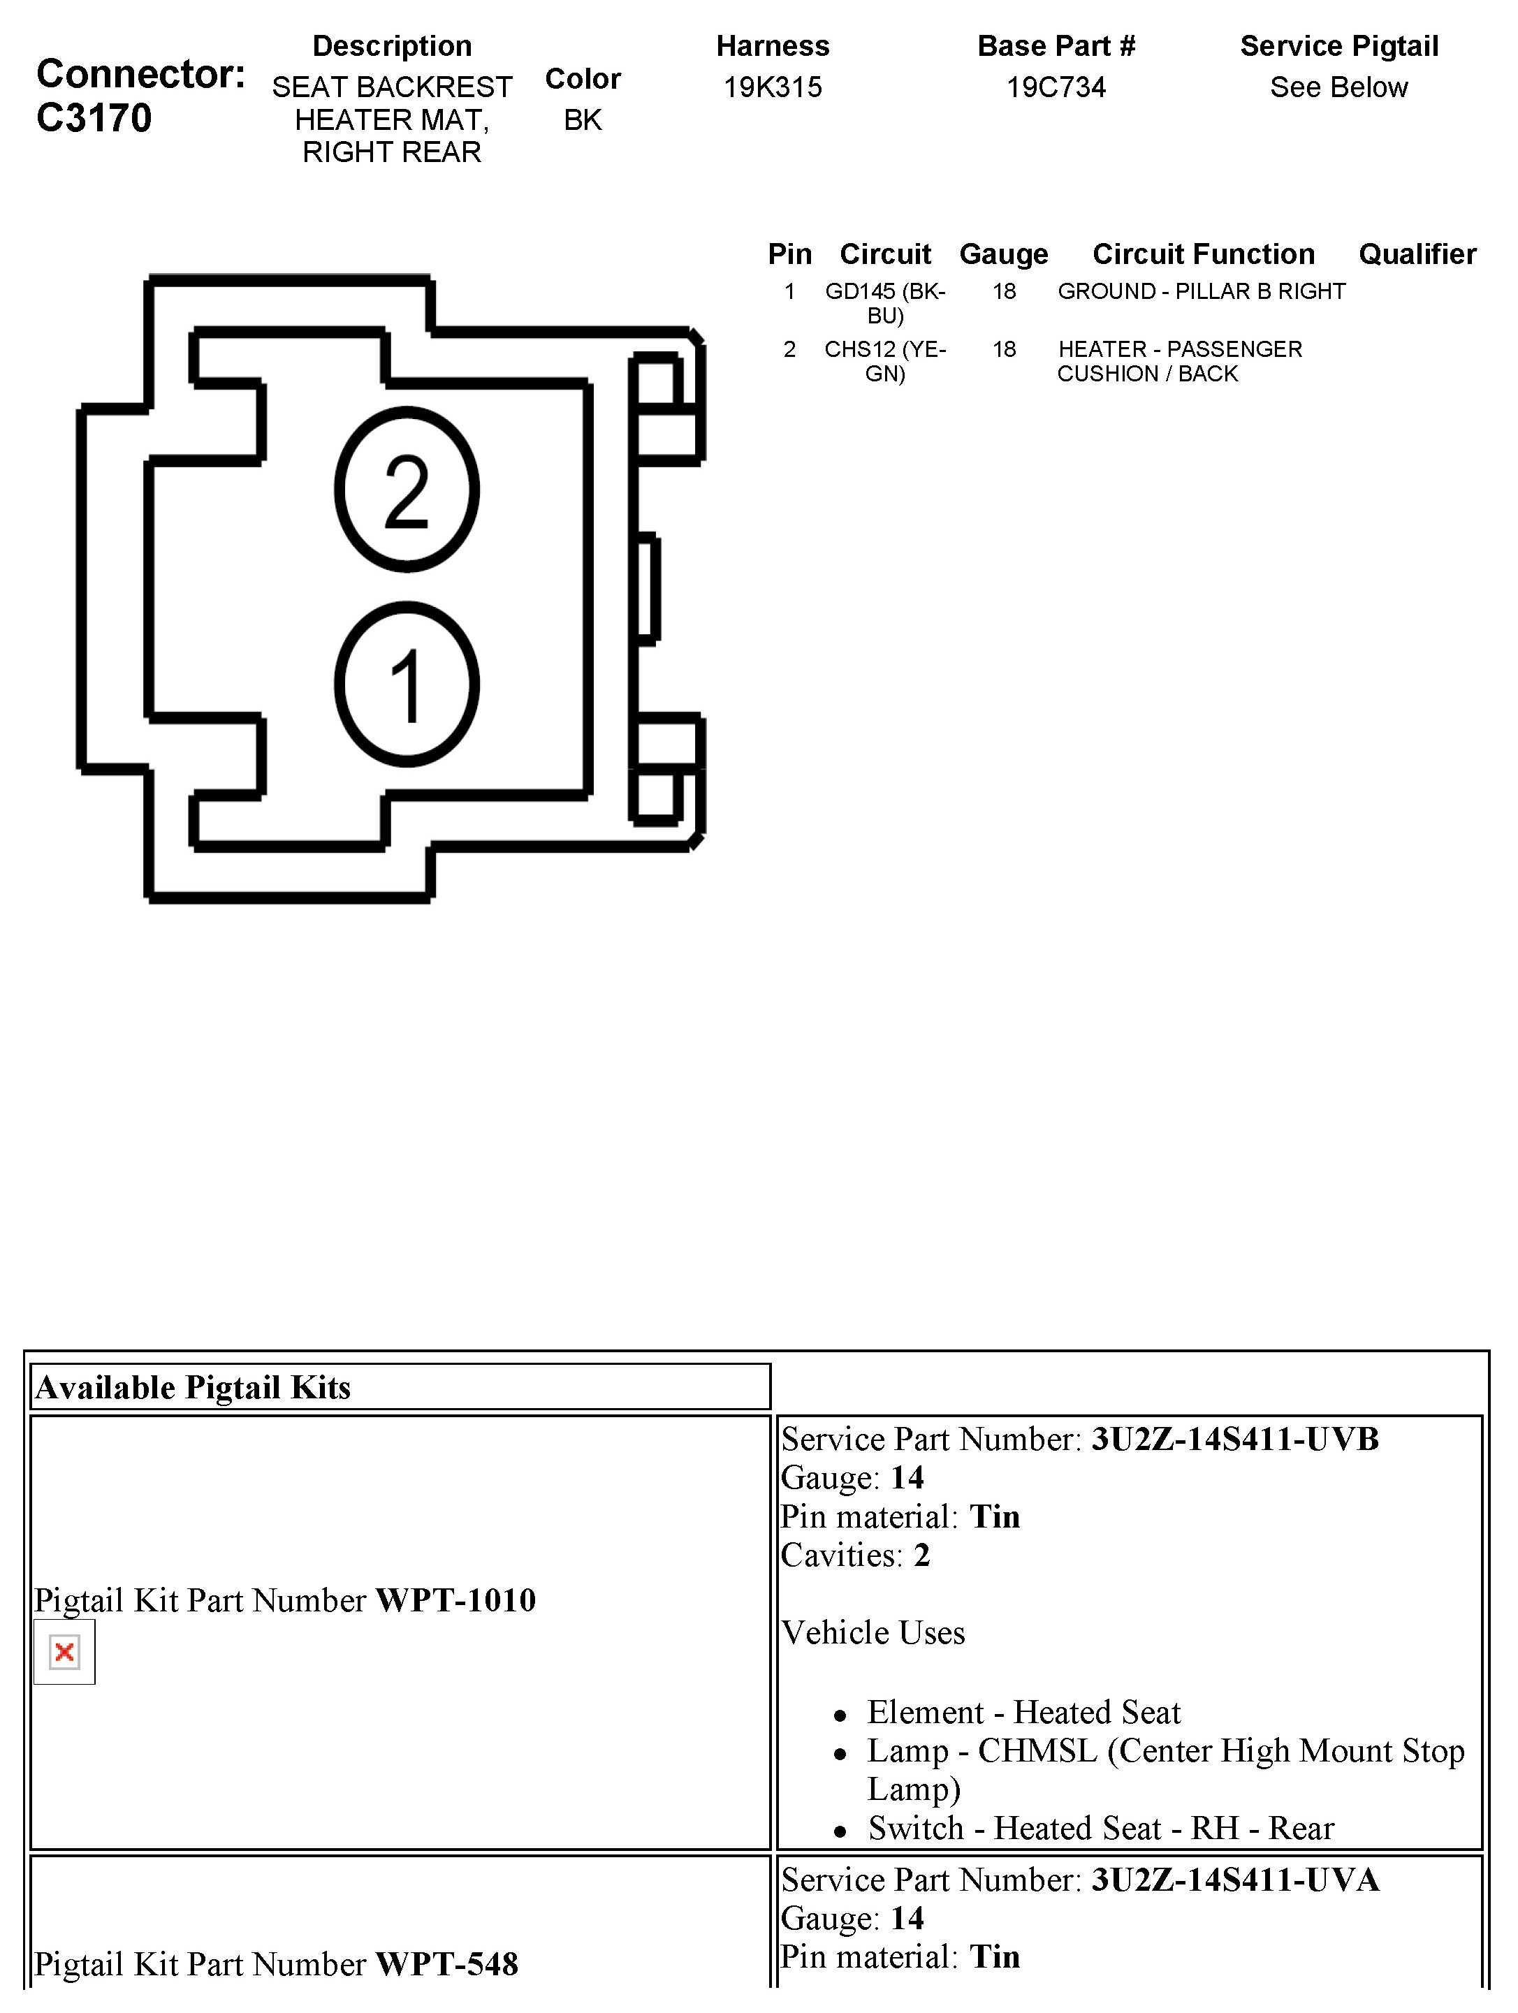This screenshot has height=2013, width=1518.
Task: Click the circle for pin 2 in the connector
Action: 407,490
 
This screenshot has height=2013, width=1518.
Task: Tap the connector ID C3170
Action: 94,118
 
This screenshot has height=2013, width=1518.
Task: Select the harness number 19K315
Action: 773,87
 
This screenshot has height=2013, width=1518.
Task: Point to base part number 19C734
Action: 1056,87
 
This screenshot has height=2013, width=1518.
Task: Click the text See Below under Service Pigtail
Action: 1338,87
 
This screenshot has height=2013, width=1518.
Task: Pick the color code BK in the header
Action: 583,120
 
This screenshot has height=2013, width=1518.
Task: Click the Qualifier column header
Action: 1417,254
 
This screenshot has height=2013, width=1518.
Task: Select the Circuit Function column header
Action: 1203,254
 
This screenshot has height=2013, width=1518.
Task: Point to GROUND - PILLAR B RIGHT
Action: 1202,291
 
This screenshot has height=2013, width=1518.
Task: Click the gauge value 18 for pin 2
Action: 1004,349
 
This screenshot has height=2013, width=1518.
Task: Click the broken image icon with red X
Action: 64,1652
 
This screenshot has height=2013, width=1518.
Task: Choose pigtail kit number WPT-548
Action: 447,1964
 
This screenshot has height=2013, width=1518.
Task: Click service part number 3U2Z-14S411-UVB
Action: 1235,1439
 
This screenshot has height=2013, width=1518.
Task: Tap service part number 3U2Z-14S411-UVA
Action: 1235,1879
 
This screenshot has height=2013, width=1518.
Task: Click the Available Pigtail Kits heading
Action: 193,1387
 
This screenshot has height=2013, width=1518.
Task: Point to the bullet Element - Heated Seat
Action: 1023,1712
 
